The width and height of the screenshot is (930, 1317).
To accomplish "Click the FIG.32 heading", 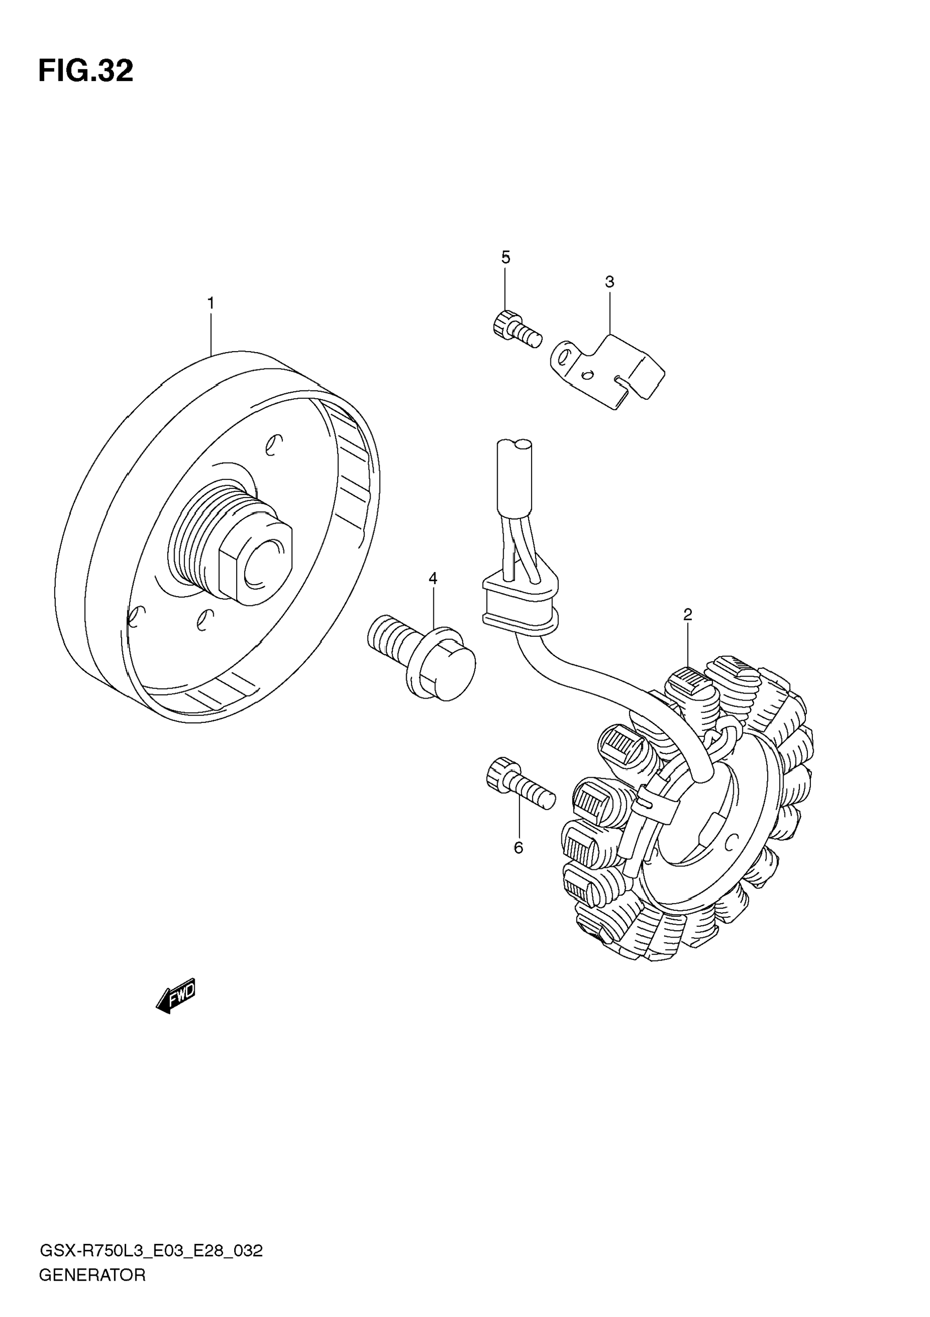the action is point(86,71).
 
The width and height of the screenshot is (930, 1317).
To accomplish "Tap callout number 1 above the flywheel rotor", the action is point(211,303).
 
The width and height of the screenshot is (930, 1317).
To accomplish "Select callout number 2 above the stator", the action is point(688,615).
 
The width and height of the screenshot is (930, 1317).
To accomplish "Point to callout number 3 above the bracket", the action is point(610,282).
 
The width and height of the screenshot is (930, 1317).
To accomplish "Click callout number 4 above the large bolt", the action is point(433,578).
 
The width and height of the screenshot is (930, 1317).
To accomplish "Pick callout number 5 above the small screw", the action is point(506,257).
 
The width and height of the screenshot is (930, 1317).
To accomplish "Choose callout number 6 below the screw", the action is point(518,848).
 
